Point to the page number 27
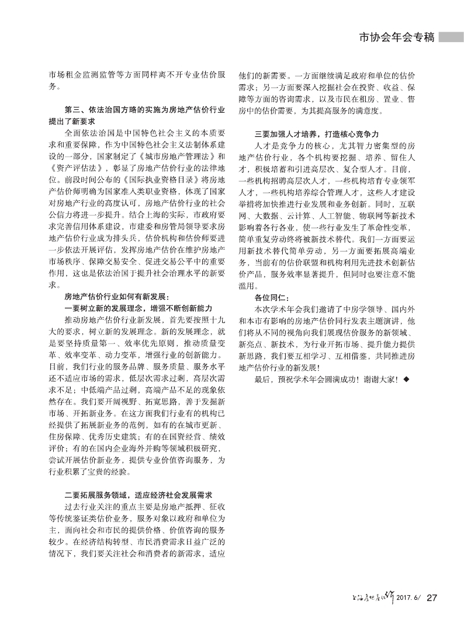432,597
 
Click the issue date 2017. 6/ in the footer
408,597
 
